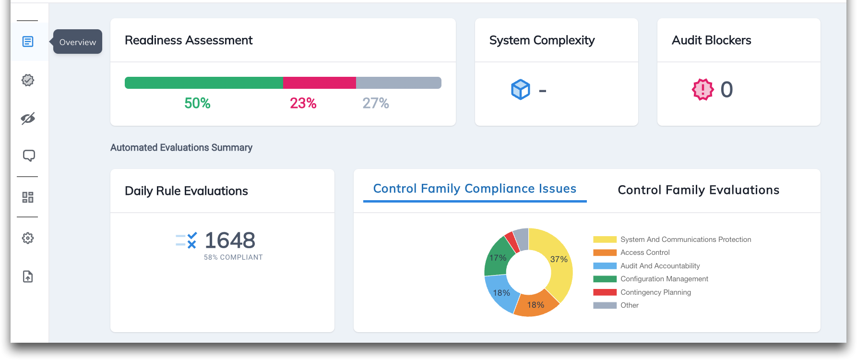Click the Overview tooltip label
pos(77,42)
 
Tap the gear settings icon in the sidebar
pos(28,238)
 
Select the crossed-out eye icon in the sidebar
pos(28,119)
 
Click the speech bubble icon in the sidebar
pos(29,156)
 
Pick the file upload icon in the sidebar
pos(28,276)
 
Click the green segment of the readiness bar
pos(203,83)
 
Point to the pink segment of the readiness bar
pos(319,83)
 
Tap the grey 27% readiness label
pos(375,103)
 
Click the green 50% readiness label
pos(197,103)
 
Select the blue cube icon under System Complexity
pos(521,89)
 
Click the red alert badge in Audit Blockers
pos(702,89)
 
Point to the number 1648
pos(230,240)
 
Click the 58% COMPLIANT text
pos(233,257)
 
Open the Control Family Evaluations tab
pos(698,190)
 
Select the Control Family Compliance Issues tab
pos(475,189)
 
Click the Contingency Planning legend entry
pos(655,292)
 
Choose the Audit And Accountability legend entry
pos(660,266)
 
